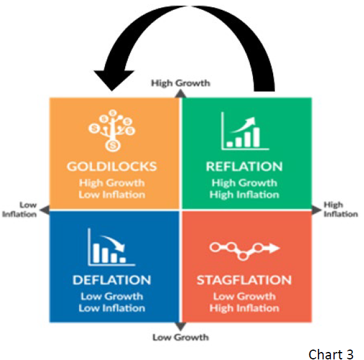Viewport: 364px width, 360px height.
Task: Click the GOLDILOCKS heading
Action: (x=112, y=166)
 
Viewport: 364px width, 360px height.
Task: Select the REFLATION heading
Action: (x=244, y=166)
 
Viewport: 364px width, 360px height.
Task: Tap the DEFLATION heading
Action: (x=112, y=280)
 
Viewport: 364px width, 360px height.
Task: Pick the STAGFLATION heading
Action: (x=244, y=280)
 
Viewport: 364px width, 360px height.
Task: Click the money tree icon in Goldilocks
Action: (x=112, y=130)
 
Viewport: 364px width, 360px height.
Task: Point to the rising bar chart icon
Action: (x=245, y=131)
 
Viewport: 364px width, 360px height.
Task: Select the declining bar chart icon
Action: (x=112, y=247)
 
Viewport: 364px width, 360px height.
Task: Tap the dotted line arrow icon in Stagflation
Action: (x=244, y=251)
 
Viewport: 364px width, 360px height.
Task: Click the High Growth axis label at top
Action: (x=180, y=83)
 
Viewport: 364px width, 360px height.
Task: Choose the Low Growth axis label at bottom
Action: (x=180, y=337)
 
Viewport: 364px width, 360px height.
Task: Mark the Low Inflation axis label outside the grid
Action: (x=20, y=209)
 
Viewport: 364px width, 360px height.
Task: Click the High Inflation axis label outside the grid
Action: (x=341, y=209)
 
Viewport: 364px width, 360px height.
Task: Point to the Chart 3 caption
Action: (x=331, y=354)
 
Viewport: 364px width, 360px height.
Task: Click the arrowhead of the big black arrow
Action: (x=114, y=80)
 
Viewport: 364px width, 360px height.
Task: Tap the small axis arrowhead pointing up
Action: (x=180, y=93)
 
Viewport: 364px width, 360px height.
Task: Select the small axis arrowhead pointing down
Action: (x=180, y=326)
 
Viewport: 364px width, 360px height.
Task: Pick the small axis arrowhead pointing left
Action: (x=45, y=210)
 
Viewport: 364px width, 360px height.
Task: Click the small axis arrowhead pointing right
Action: (x=316, y=210)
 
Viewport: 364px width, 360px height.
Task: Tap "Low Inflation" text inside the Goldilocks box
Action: (x=112, y=195)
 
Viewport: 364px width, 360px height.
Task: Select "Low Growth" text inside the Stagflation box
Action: (x=244, y=296)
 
